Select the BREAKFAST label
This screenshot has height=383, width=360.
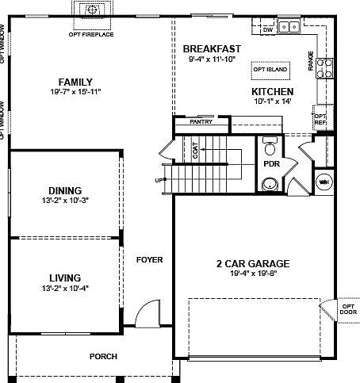click(212, 48)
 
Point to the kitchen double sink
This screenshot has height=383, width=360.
click(290, 25)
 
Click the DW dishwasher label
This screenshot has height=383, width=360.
click(268, 29)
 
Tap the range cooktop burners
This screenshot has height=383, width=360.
click(324, 66)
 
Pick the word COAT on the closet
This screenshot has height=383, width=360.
click(195, 150)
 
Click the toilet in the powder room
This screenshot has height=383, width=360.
click(270, 147)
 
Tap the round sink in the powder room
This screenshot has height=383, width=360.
click(270, 185)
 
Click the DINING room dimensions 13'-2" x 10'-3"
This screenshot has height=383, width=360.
click(64, 201)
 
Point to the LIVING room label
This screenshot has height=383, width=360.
click(64, 278)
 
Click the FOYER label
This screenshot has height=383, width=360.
click(149, 259)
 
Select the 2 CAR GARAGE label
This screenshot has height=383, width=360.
click(252, 264)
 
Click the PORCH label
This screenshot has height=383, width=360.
click(104, 356)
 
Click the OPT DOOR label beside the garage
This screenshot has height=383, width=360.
click(348, 308)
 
